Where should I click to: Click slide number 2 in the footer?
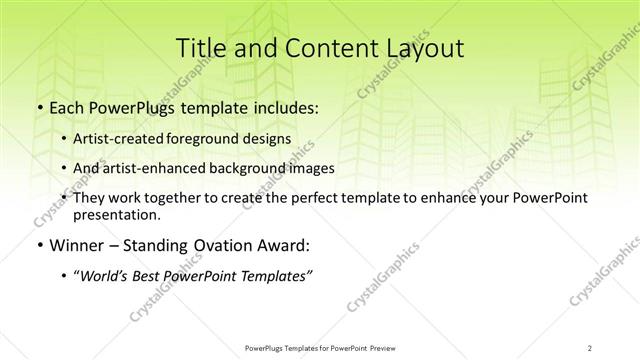pos(590,348)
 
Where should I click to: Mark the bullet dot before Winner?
pos(39,245)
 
